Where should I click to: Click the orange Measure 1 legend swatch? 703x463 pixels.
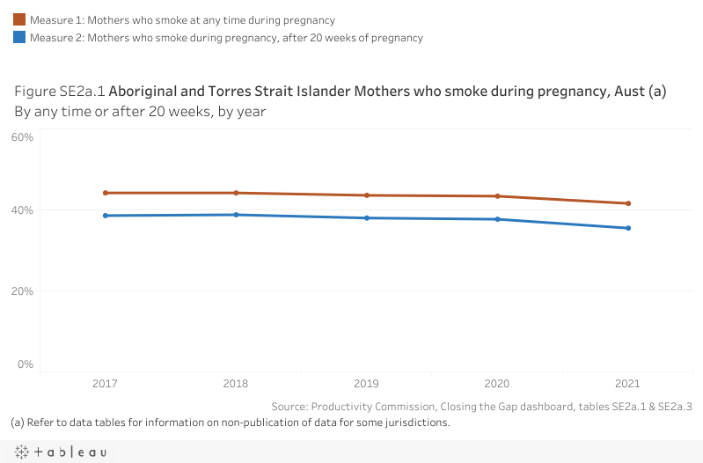(x=19, y=19)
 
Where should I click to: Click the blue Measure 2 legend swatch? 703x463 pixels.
(x=19, y=38)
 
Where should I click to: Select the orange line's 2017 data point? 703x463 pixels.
(x=106, y=193)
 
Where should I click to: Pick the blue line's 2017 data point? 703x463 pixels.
(x=106, y=216)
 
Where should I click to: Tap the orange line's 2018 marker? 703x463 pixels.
(x=237, y=193)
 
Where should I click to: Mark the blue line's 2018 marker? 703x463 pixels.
(x=237, y=215)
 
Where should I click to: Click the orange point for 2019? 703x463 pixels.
(x=367, y=195)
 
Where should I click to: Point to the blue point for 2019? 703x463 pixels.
(x=367, y=218)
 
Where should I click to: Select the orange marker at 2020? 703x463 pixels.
(x=498, y=196)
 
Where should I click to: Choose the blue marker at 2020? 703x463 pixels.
(x=498, y=219)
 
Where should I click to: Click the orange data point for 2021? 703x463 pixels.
(x=628, y=203)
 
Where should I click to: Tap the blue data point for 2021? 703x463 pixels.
(x=628, y=229)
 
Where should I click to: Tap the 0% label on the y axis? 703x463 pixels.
(x=26, y=364)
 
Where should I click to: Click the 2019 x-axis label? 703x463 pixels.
(x=367, y=385)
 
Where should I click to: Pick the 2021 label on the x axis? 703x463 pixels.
(x=628, y=385)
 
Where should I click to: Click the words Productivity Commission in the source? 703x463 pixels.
(x=374, y=406)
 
